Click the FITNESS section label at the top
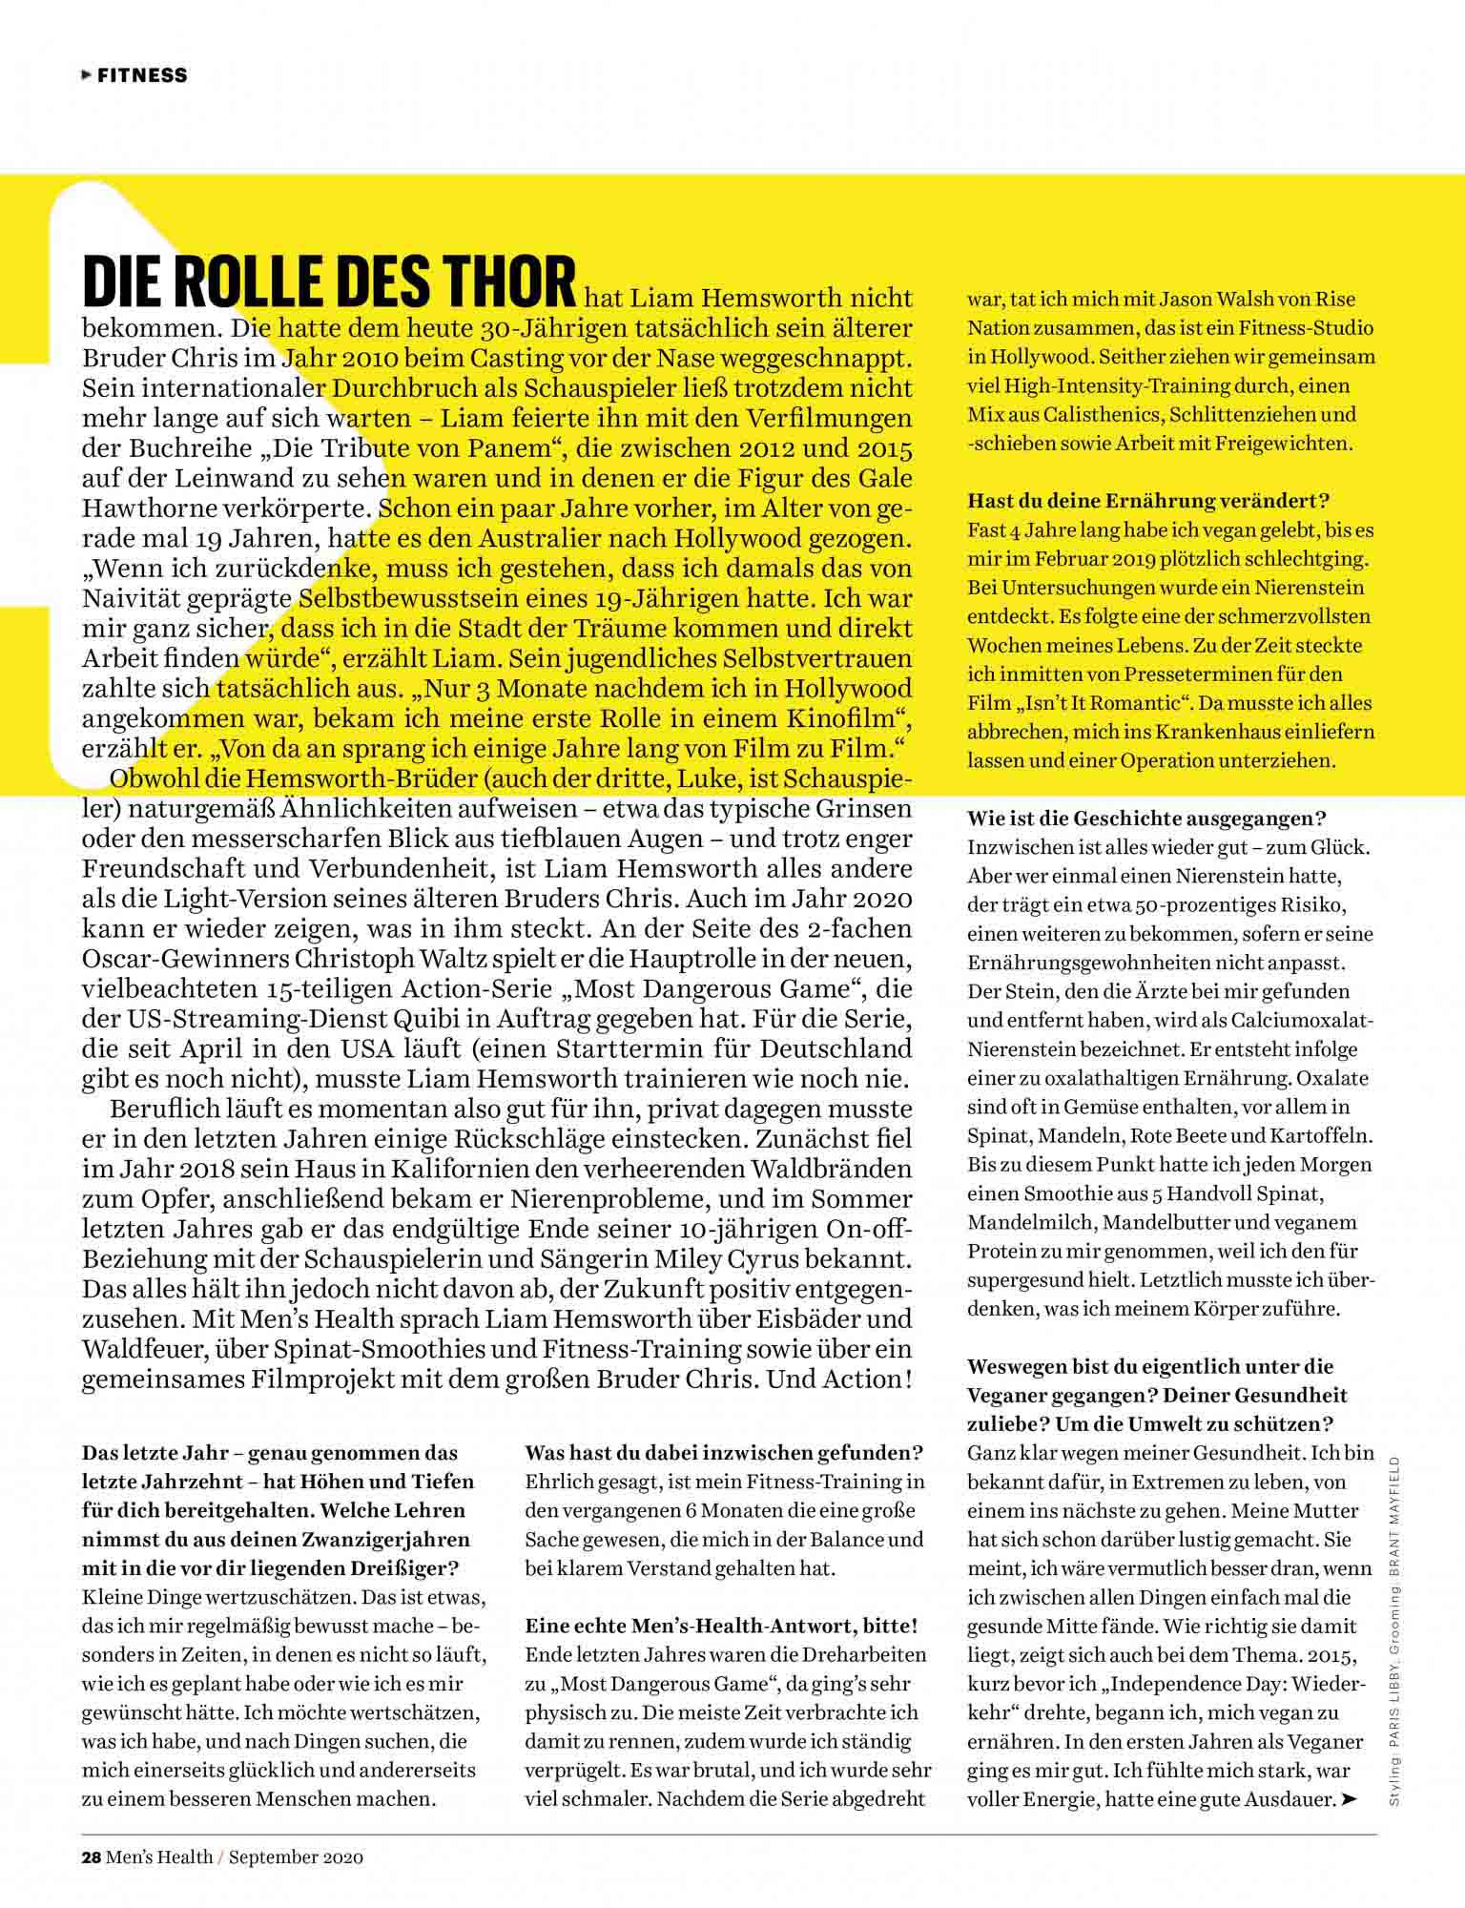pos(141,75)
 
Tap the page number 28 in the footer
pos(91,1856)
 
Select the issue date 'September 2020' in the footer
pos(297,1856)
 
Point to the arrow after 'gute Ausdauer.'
pos(1348,1799)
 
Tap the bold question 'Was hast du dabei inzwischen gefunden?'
pos(724,1453)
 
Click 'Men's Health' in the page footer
pos(159,1856)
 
